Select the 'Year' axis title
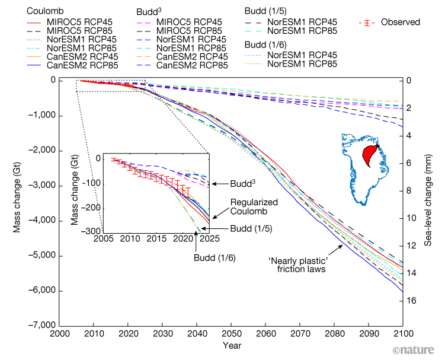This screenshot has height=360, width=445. [230, 345]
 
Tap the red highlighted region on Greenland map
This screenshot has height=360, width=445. [372, 156]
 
